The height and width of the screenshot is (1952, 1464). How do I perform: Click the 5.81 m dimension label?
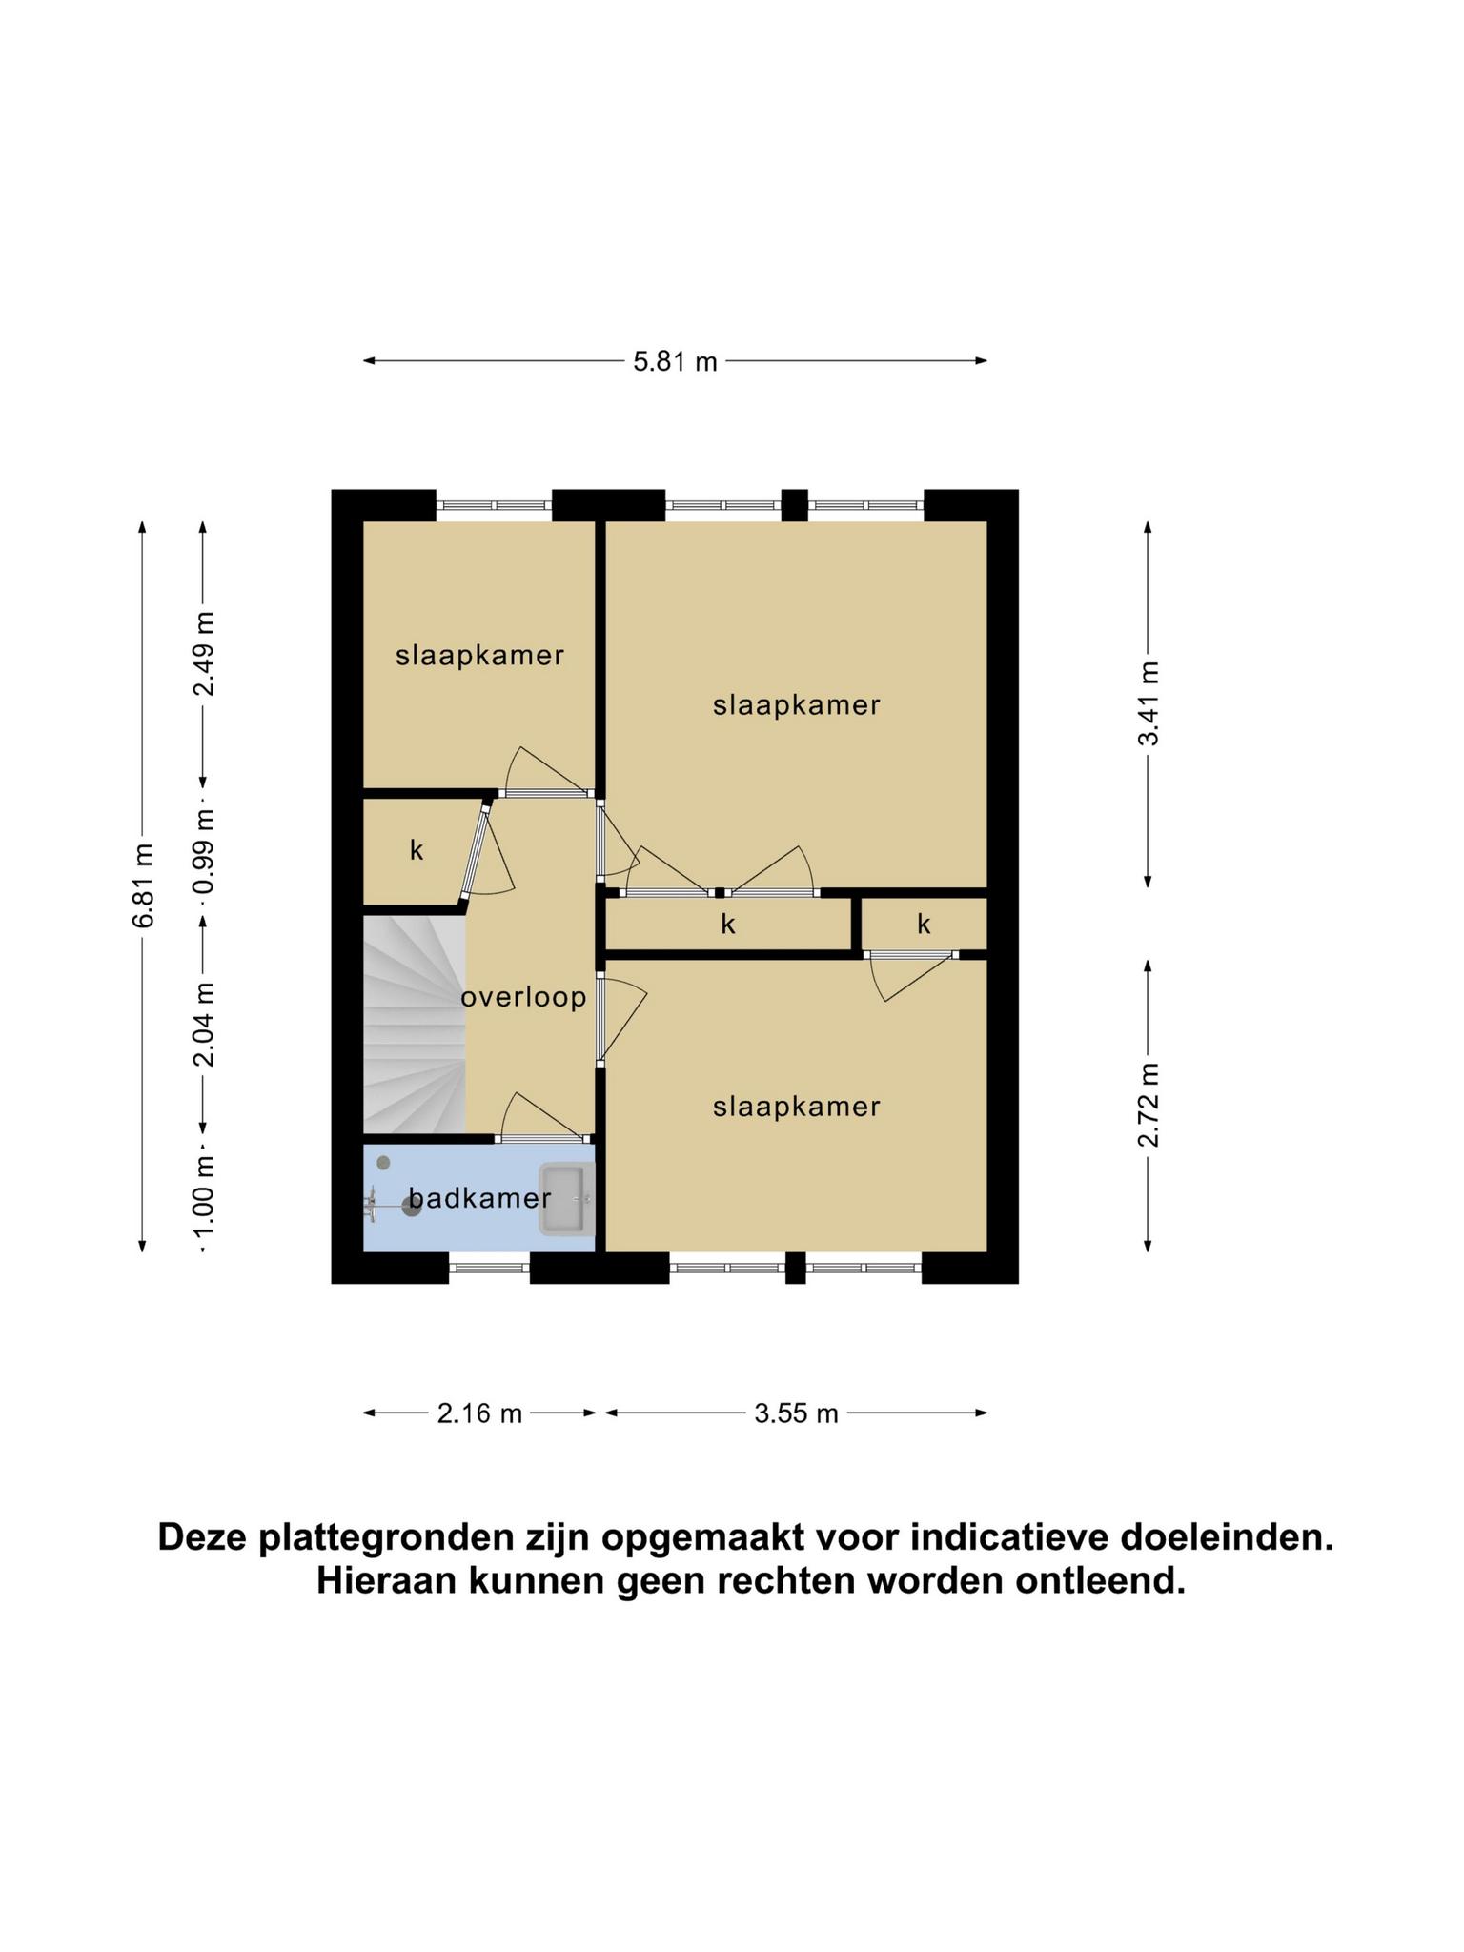[x=675, y=362]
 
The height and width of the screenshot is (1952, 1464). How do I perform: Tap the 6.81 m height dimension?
[x=143, y=885]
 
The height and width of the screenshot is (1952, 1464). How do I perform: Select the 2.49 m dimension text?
[x=203, y=654]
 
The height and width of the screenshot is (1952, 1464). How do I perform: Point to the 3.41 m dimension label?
[x=1149, y=703]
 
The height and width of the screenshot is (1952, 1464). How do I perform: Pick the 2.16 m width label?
[x=479, y=1413]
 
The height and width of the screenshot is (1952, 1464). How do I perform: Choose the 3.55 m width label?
[x=796, y=1413]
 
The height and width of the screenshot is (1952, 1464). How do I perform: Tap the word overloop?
[x=523, y=998]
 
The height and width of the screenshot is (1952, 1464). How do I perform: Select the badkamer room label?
[x=480, y=1198]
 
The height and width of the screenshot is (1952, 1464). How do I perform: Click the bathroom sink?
[x=566, y=1199]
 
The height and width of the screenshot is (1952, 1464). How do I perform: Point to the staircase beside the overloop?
[x=414, y=1025]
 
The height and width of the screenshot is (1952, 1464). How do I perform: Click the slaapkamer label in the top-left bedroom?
[x=480, y=656]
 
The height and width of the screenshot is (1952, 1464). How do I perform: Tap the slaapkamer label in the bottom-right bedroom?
[x=797, y=1107]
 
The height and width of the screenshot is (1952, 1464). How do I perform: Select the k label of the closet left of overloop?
[x=417, y=850]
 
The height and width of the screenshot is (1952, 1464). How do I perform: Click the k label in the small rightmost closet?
[x=924, y=924]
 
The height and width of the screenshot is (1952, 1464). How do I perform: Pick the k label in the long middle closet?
[x=728, y=924]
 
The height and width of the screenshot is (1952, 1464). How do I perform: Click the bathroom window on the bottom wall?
[x=489, y=1268]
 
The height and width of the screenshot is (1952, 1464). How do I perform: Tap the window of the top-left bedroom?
[x=495, y=505]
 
